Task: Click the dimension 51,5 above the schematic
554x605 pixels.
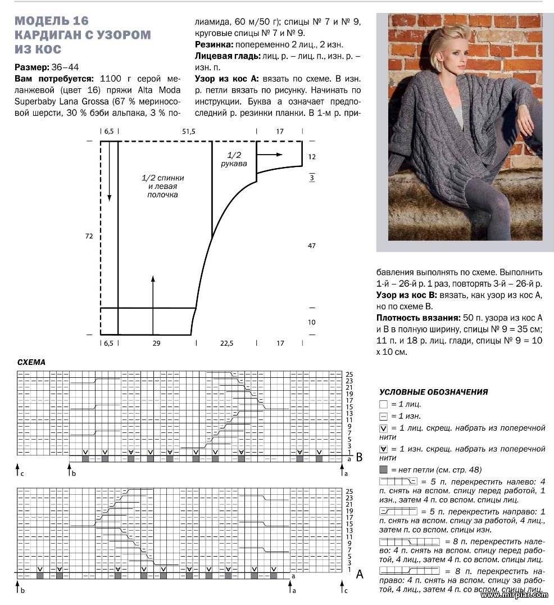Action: (188, 131)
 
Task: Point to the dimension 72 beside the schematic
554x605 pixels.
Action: (89, 237)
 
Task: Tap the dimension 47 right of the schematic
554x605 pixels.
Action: (312, 246)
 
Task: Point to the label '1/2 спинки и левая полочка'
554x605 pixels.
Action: (162, 186)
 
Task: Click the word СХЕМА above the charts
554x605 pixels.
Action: (31, 363)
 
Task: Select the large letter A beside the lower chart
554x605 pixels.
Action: (360, 574)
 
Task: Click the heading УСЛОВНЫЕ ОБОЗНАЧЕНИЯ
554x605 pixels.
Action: (434, 392)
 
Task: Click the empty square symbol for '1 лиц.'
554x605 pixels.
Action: (383, 404)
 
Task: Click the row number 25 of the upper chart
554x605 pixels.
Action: (349, 374)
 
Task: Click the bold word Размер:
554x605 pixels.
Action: (32, 67)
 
